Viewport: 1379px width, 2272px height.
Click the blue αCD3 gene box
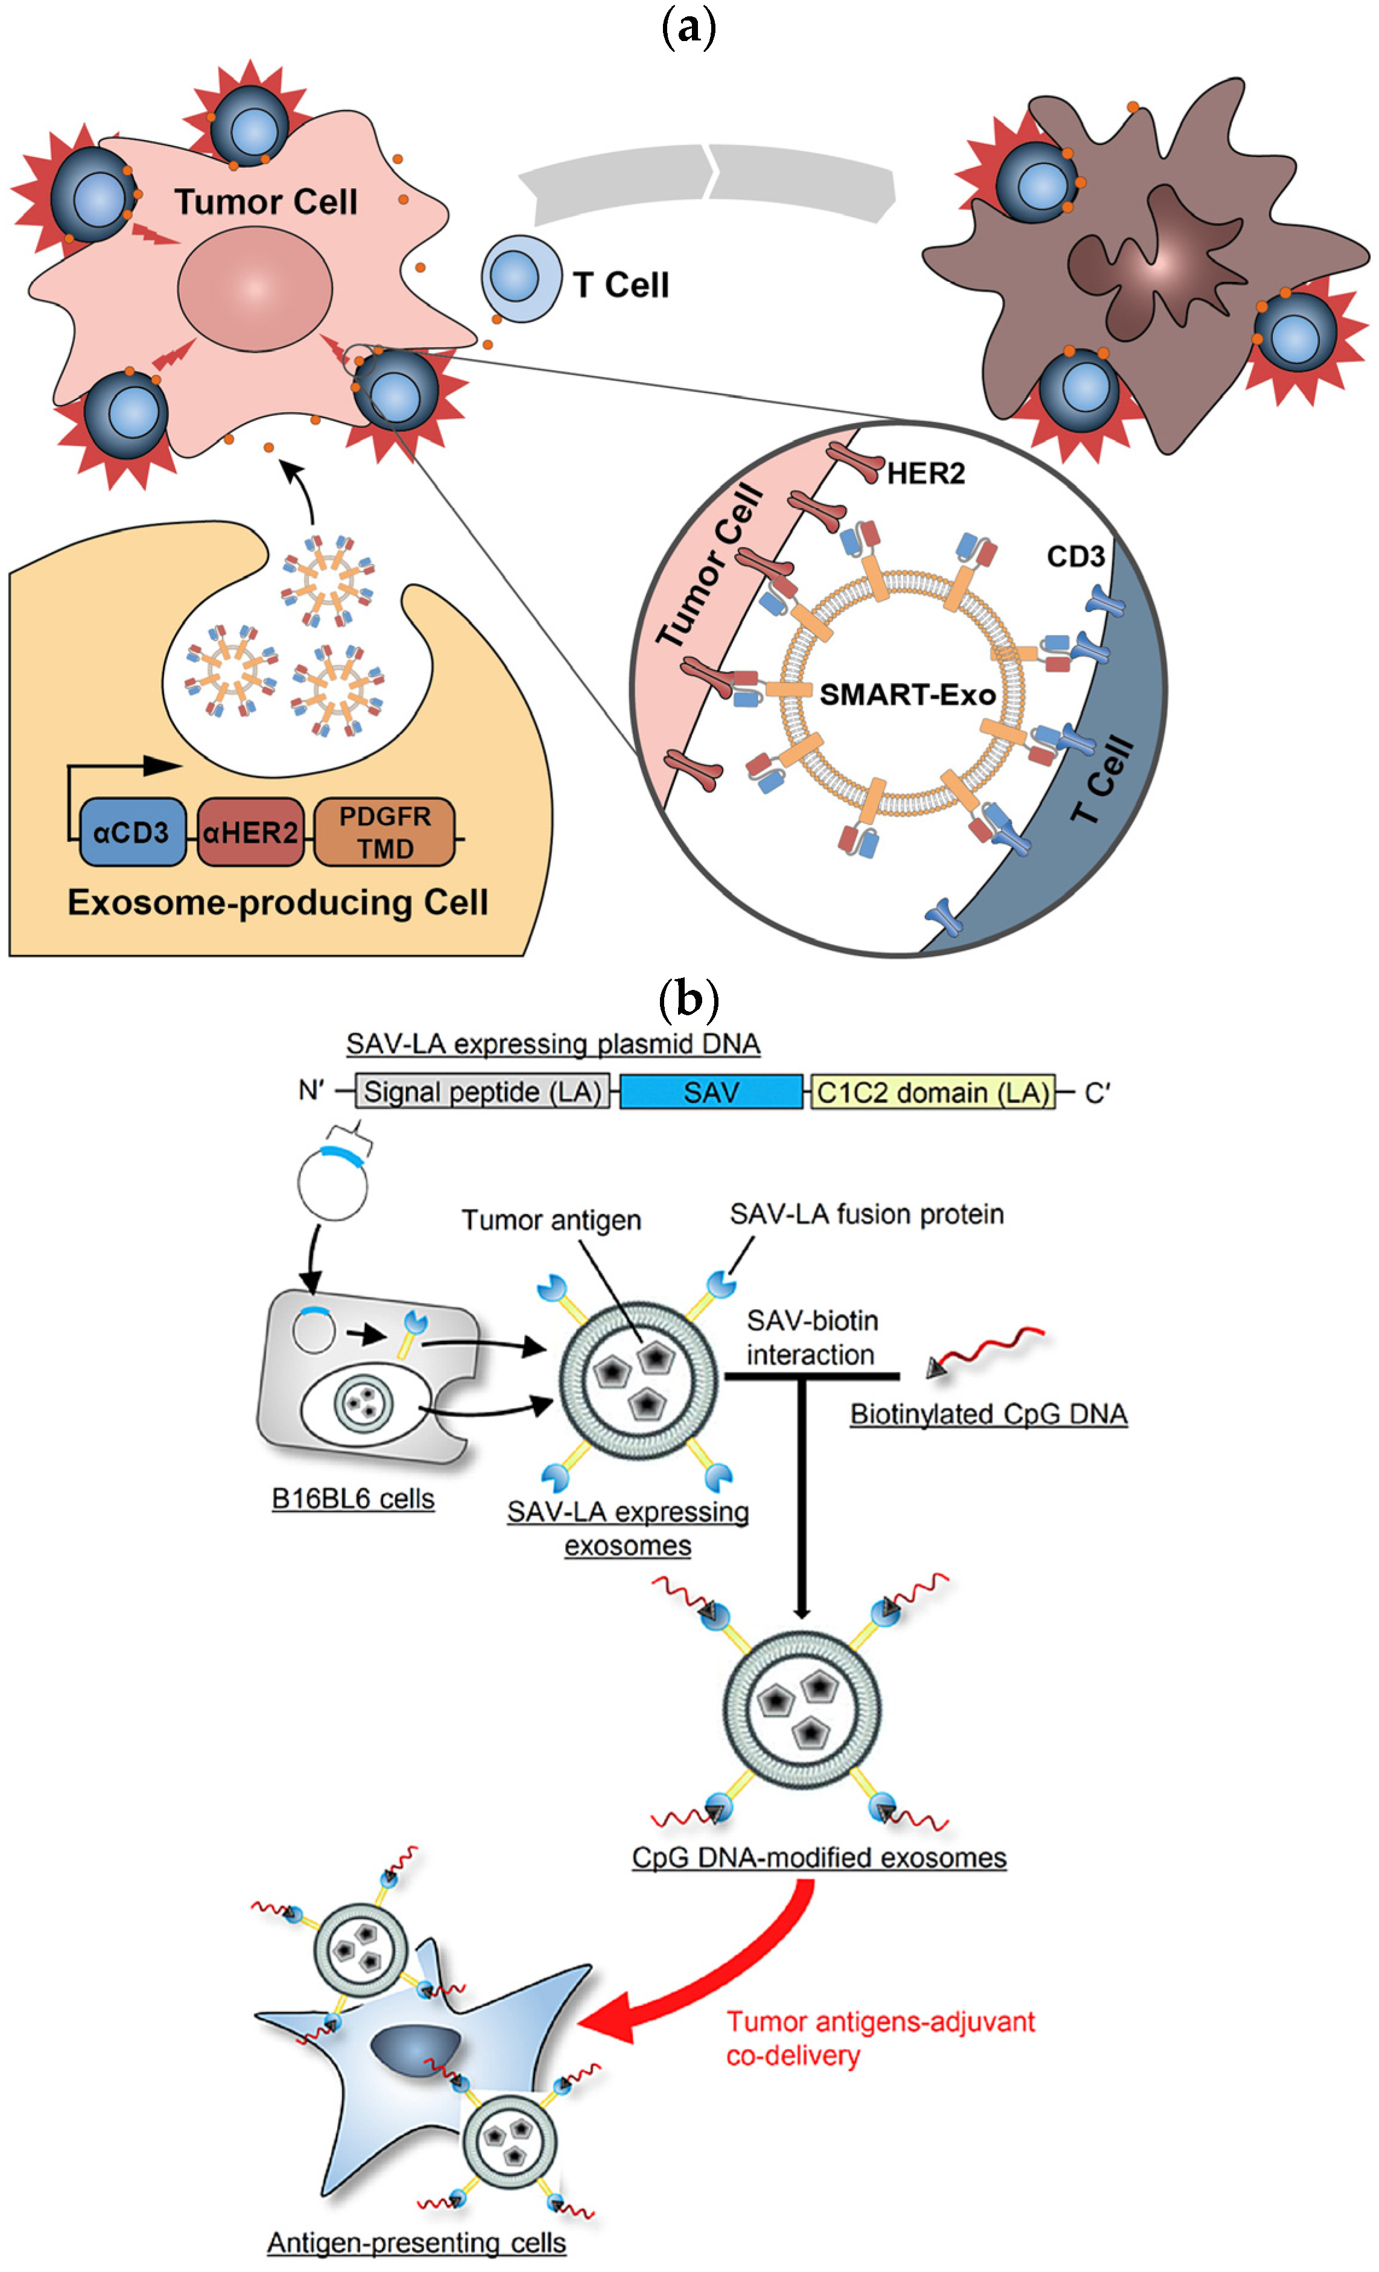132,832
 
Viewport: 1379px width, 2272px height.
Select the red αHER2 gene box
250,832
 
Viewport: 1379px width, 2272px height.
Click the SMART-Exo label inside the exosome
907,694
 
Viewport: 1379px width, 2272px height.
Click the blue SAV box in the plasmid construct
711,1092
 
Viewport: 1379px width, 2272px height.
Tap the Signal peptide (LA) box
482,1092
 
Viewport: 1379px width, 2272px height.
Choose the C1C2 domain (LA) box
933,1092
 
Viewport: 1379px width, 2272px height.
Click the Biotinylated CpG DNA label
988,1414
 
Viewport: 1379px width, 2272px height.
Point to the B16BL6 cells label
353,1498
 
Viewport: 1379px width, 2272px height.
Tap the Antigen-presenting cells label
417,2242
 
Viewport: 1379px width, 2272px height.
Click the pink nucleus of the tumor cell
255,288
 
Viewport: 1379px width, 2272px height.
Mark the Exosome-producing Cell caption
277,902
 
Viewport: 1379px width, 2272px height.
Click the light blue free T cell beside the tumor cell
521,278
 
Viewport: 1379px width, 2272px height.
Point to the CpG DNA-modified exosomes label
819,1857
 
